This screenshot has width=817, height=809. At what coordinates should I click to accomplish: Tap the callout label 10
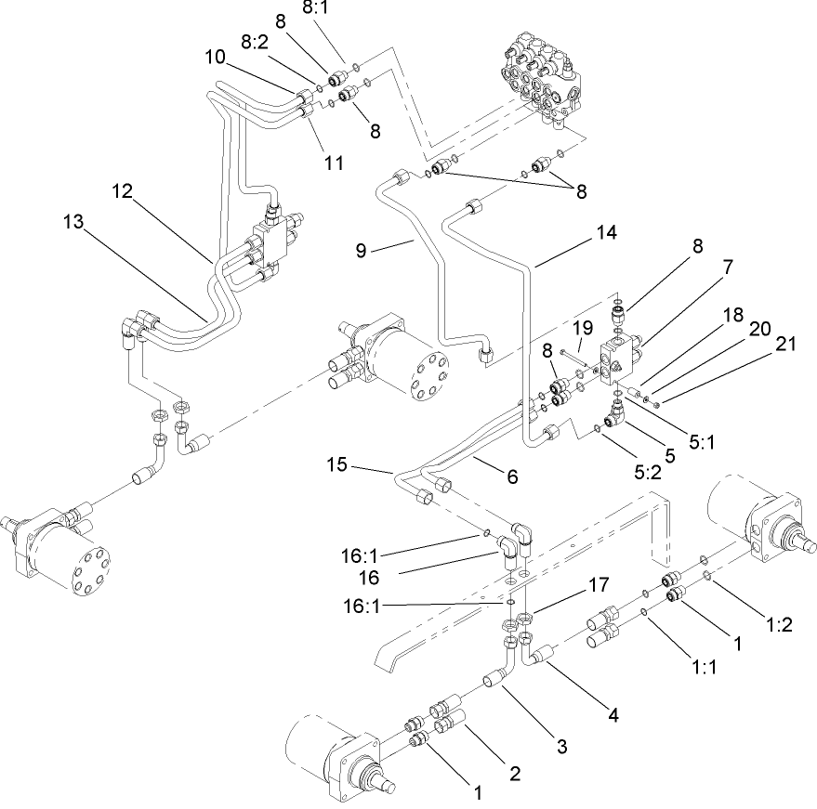pyautogui.click(x=216, y=57)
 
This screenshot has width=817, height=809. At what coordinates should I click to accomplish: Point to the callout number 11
pyautogui.click(x=334, y=163)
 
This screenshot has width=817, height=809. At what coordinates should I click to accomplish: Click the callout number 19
pyautogui.click(x=582, y=327)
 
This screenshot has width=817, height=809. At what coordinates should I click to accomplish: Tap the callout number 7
pyautogui.click(x=728, y=267)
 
